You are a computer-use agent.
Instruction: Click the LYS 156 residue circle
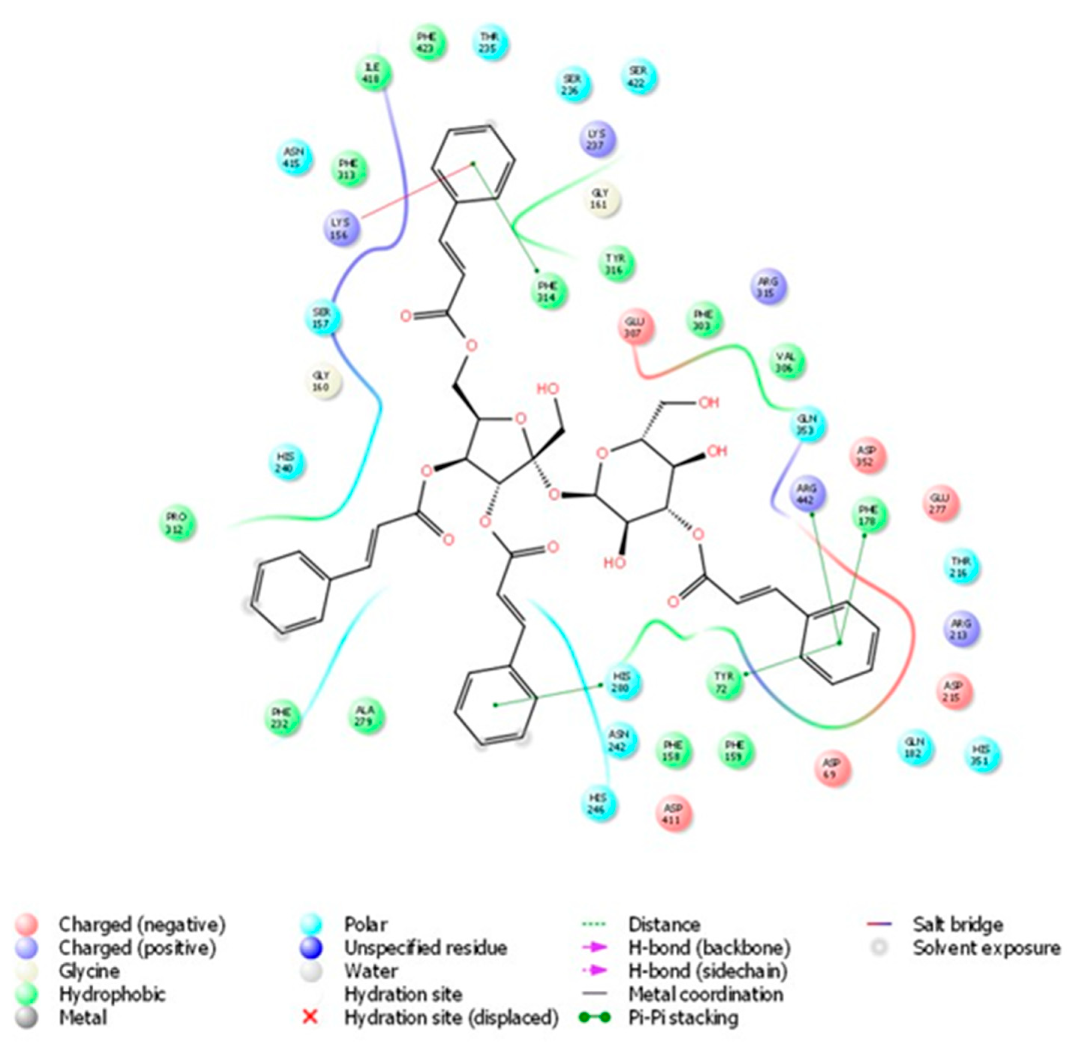coord(341,228)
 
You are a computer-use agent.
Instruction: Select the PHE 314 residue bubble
coord(548,292)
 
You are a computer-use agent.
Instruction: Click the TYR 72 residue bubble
coord(724,682)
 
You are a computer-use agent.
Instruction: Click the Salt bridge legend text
coord(958,924)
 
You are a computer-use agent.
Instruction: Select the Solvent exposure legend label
coord(986,948)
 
